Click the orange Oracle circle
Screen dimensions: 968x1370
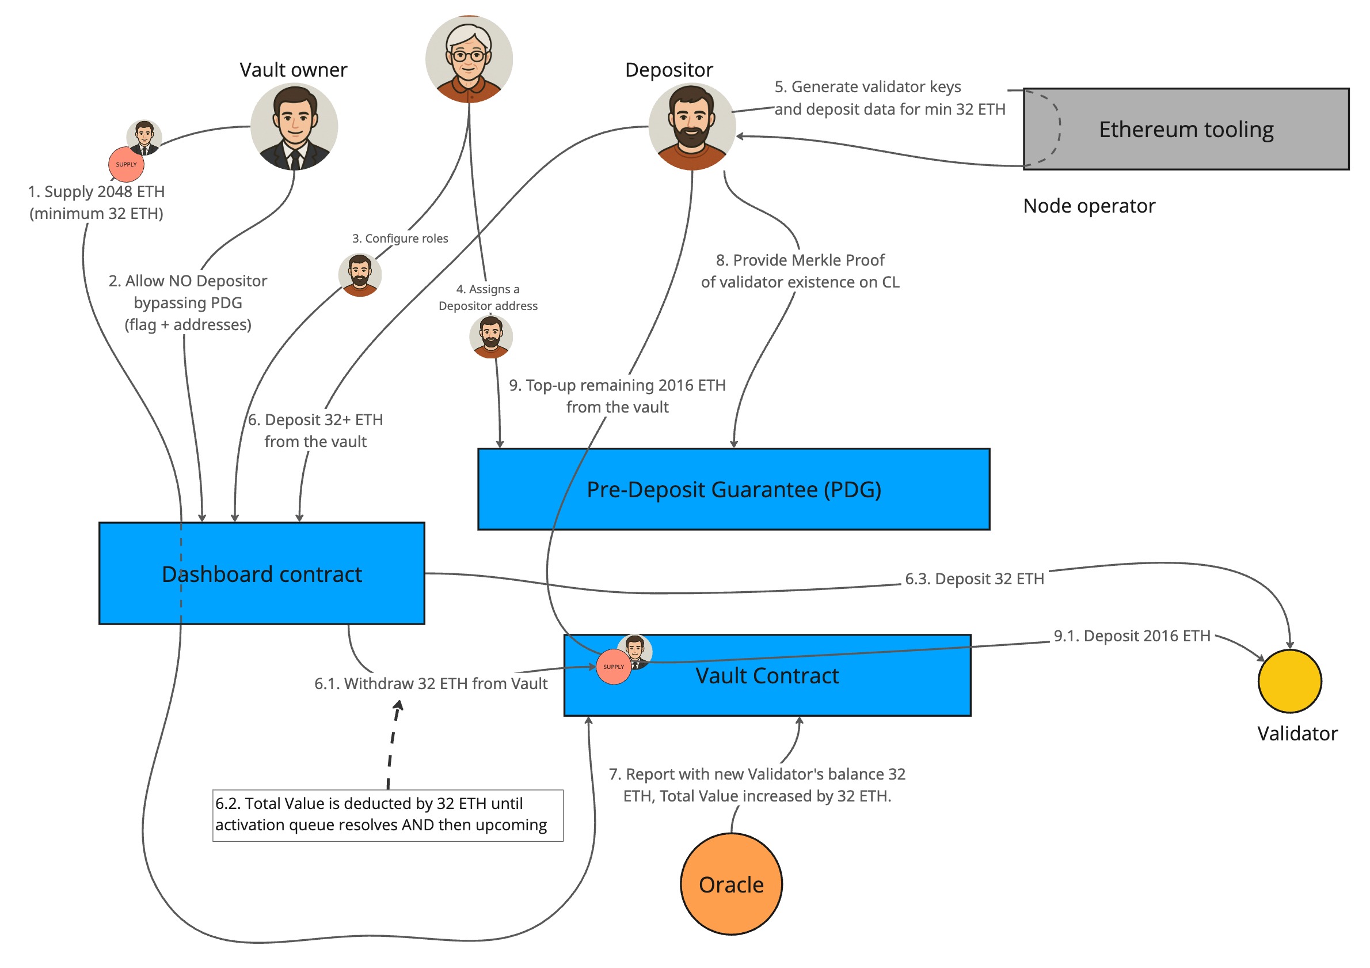731,884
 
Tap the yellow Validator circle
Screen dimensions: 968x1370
1289,680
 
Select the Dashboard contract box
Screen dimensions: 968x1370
261,573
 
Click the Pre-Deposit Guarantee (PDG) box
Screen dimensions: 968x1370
733,489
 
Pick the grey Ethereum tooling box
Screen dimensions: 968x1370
1186,129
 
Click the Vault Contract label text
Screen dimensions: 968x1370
767,675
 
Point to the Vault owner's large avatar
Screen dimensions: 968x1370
294,127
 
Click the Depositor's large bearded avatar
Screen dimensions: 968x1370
691,127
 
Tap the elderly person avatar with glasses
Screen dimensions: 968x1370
469,59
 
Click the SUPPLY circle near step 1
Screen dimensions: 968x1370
126,164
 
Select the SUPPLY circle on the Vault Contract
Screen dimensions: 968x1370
614,667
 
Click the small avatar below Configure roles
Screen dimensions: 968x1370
359,275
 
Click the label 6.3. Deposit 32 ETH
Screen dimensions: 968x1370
974,578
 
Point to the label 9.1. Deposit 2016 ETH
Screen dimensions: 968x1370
1131,636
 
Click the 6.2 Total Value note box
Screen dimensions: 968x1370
387,815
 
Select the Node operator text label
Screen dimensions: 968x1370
1089,206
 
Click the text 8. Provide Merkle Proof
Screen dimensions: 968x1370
800,260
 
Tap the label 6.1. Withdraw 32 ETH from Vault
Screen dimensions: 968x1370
430,683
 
